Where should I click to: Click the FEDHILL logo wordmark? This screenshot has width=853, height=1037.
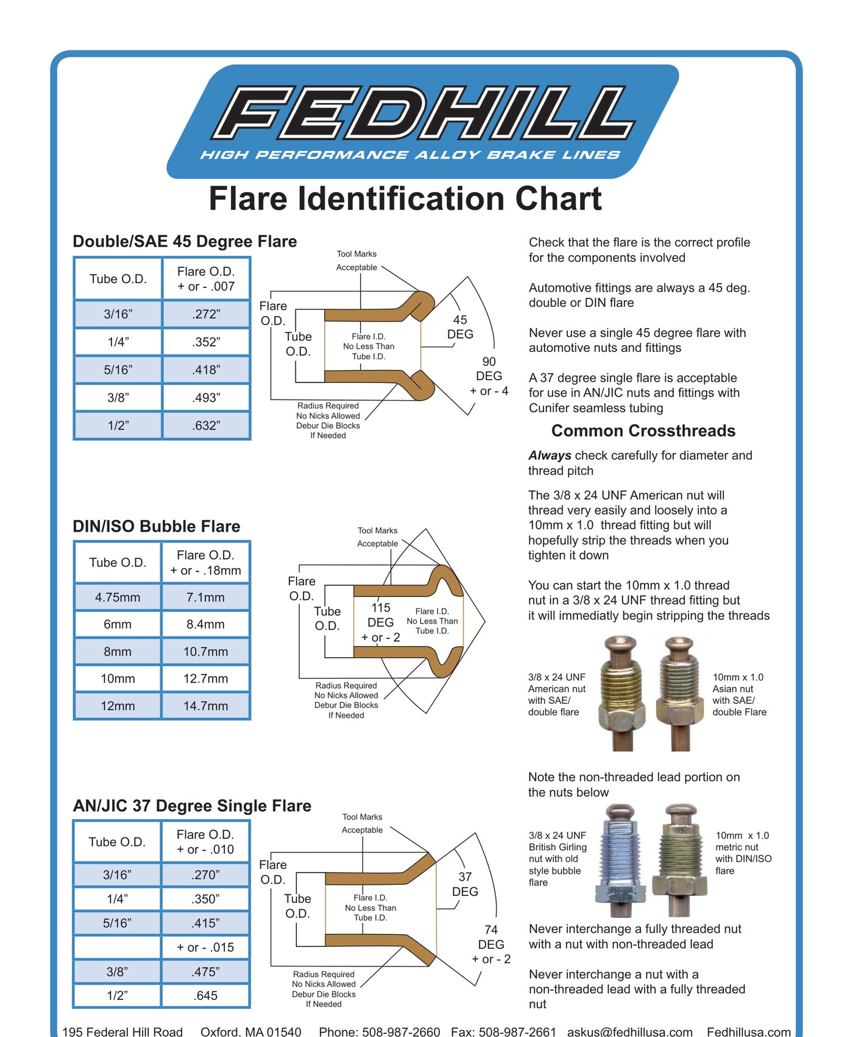pyautogui.click(x=423, y=113)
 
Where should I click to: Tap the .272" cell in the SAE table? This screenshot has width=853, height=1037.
pyautogui.click(x=206, y=314)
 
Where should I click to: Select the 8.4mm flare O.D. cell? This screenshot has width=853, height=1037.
pyautogui.click(x=206, y=624)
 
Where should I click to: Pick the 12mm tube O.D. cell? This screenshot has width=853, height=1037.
pyautogui.click(x=118, y=706)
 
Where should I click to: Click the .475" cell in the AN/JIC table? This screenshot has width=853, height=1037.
pyautogui.click(x=206, y=972)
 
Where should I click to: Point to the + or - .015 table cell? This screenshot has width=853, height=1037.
pyautogui.click(x=206, y=947)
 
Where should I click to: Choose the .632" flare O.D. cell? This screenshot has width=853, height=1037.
pyautogui.click(x=206, y=426)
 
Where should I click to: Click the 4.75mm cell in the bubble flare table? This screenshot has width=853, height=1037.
pyautogui.click(x=118, y=597)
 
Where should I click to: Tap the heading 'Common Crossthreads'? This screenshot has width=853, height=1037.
pyautogui.click(x=643, y=431)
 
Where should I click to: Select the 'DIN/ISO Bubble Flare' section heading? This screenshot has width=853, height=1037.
pyautogui.click(x=157, y=526)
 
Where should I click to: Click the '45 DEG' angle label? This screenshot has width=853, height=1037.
pyautogui.click(x=460, y=327)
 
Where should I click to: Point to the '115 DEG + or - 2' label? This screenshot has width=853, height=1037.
pyautogui.click(x=381, y=622)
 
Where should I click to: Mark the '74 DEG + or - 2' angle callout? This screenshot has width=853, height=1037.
pyautogui.click(x=491, y=944)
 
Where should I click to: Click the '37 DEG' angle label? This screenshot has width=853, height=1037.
pyautogui.click(x=465, y=884)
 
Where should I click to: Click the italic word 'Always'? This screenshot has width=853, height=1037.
pyautogui.click(x=550, y=455)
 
